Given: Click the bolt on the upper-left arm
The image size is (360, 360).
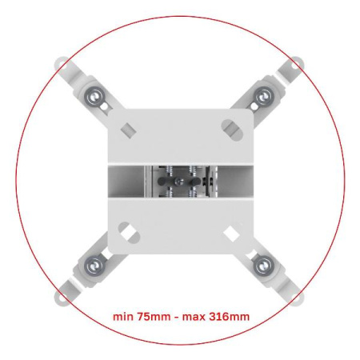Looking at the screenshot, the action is (x=94, y=96).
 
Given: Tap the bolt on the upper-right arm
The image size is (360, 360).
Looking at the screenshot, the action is (x=263, y=96).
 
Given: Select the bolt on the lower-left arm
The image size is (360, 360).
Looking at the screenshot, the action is (x=94, y=266).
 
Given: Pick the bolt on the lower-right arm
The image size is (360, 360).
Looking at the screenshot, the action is (x=263, y=266).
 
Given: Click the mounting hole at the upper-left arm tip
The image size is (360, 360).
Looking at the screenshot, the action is (x=62, y=65).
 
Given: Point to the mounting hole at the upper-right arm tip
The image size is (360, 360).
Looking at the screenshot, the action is (x=296, y=64).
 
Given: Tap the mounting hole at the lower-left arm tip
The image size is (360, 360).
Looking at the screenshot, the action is (x=62, y=297).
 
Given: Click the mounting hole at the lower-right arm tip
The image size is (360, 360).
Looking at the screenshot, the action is (x=297, y=298).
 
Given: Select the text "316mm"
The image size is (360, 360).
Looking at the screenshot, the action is (x=229, y=317).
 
